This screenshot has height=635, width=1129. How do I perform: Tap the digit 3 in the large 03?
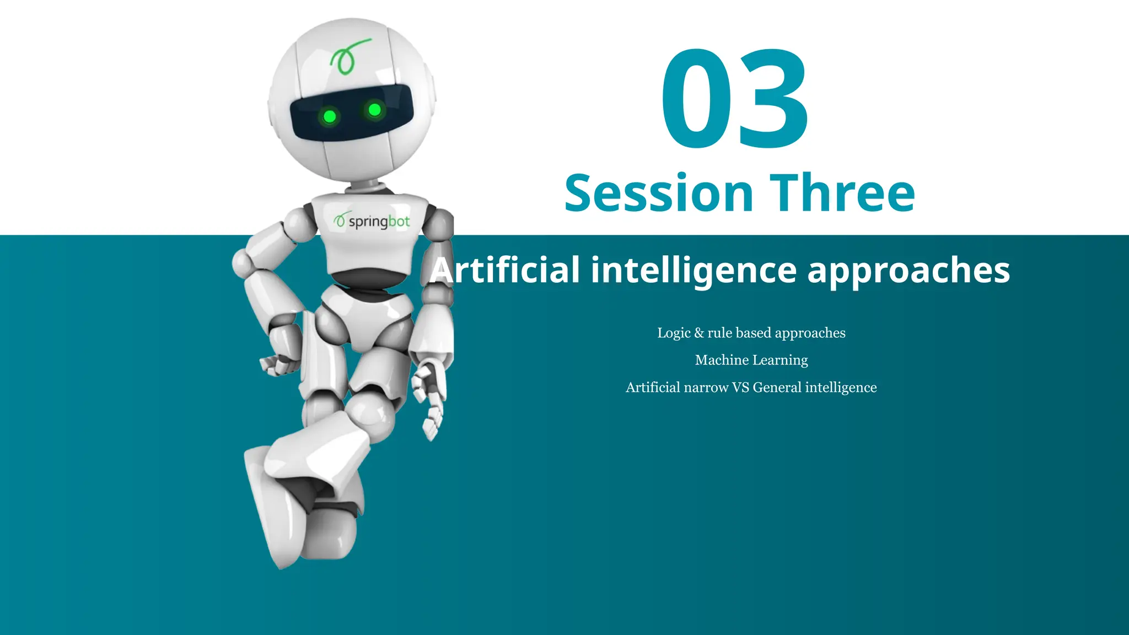point(773,99)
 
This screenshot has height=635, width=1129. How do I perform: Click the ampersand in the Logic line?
point(699,333)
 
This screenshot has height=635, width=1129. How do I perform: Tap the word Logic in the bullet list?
point(674,333)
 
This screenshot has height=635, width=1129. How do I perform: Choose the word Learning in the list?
point(780,360)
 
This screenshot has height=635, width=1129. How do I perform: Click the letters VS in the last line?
point(740,388)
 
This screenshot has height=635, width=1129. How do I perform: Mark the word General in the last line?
point(777,388)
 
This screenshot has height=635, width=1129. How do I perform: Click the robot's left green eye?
point(330,116)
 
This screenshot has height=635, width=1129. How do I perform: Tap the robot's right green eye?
point(374,110)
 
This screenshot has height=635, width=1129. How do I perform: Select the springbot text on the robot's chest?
point(379,222)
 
